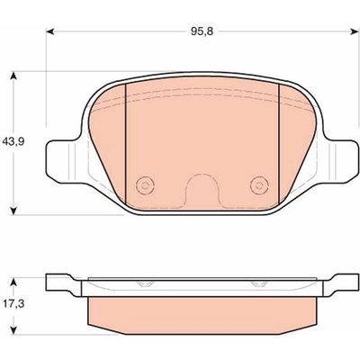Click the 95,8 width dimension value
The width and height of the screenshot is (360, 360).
[x=202, y=31]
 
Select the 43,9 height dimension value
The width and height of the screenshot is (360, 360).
[x=13, y=140]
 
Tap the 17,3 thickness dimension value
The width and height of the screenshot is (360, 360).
[x=13, y=304]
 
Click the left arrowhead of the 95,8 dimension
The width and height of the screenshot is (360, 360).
[x=50, y=31]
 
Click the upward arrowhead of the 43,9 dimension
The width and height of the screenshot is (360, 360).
[x=13, y=76]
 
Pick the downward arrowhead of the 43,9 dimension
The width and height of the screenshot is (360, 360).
[x=13, y=211]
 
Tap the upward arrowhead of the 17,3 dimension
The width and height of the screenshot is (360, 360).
[x=13, y=282]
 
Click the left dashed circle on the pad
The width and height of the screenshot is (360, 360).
[x=145, y=185]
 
